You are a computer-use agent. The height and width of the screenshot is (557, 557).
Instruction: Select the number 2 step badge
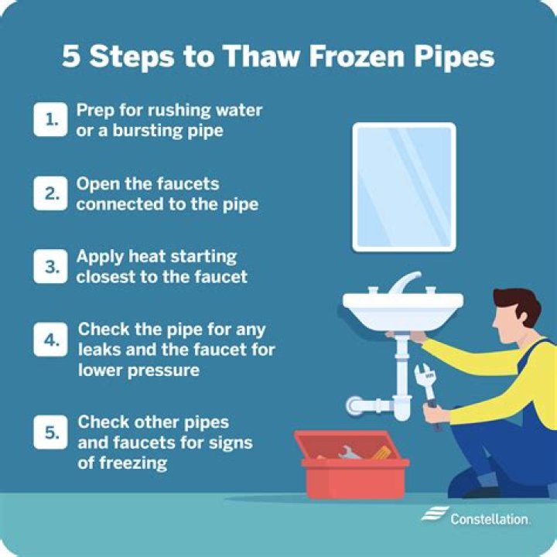pos(50,195)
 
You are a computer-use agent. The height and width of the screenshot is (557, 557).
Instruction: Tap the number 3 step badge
pos(50,266)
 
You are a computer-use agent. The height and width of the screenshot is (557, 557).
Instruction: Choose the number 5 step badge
pos(50,433)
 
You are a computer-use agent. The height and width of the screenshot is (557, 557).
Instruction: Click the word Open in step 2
pos(97,184)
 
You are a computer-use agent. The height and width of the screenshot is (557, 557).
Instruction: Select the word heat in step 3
pos(142,256)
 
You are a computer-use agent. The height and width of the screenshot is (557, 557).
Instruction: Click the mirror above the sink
pos(403,186)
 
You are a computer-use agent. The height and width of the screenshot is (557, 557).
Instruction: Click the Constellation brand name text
pos(490,518)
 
